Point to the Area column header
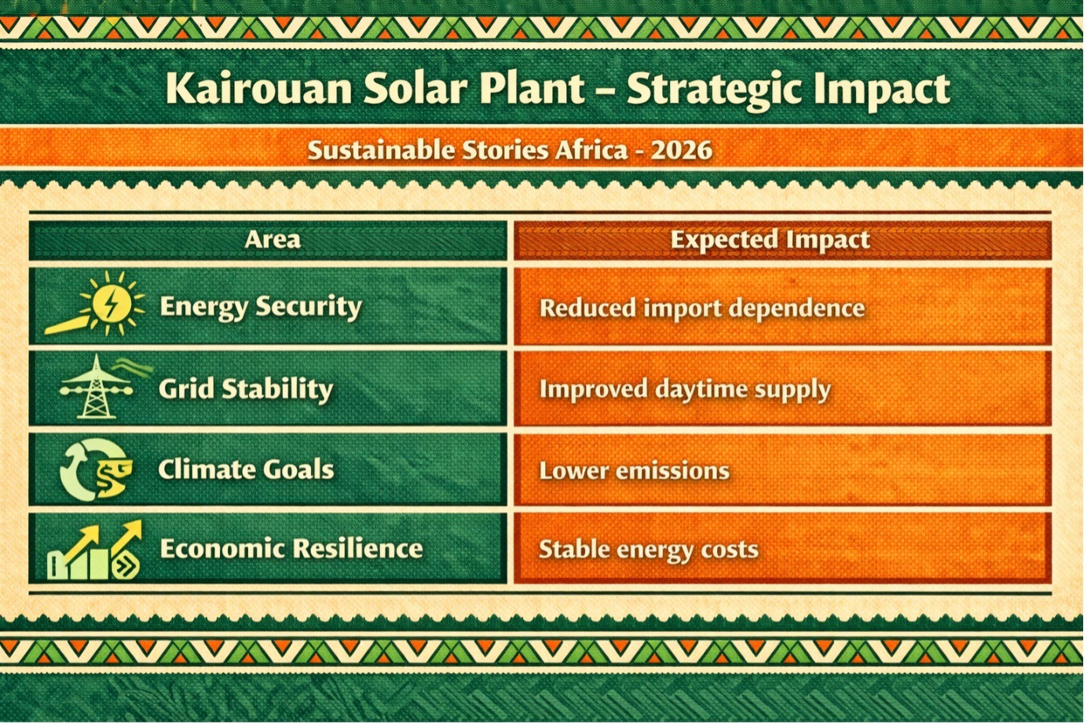pyautogui.click(x=272, y=240)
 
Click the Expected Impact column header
pyautogui.click(x=770, y=240)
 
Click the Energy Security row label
pyautogui.click(x=261, y=306)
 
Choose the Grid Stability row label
pyautogui.click(x=246, y=389)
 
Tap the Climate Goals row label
pyautogui.click(x=246, y=470)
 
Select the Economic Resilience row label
pyautogui.click(x=291, y=548)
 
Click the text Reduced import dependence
pyautogui.click(x=701, y=308)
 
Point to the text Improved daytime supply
pyautogui.click(x=685, y=389)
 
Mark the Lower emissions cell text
pyautogui.click(x=634, y=471)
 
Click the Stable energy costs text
pyautogui.click(x=648, y=550)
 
